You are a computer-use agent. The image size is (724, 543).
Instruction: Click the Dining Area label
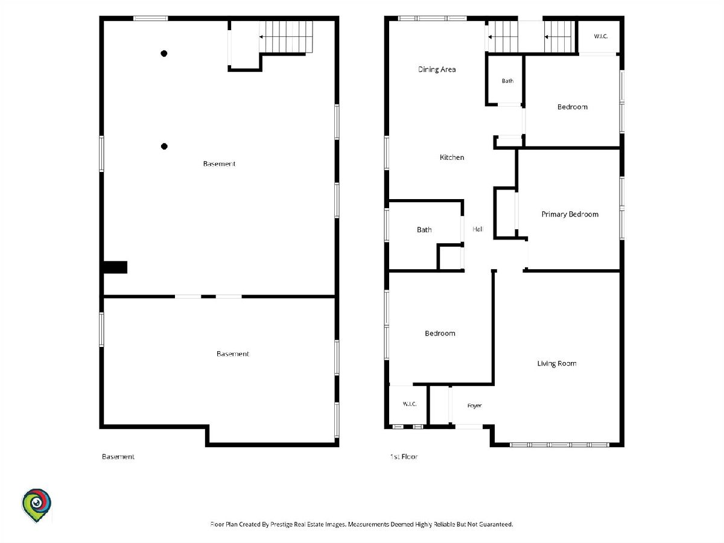437,69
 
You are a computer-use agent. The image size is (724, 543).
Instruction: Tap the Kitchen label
452,157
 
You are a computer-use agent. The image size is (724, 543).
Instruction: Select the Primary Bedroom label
570,214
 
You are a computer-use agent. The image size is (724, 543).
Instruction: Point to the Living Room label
557,363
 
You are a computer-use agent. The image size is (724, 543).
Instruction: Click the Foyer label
475,405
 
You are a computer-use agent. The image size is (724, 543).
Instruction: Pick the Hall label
478,229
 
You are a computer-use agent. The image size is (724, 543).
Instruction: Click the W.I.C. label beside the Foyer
410,404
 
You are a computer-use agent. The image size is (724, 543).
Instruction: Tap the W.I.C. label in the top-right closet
601,36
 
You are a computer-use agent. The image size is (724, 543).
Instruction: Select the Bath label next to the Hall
424,229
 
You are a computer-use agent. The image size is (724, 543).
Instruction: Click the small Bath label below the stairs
507,81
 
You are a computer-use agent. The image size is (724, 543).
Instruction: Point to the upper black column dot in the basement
164,54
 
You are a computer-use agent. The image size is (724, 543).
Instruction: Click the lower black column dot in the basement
164,147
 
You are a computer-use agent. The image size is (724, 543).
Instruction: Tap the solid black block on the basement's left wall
115,267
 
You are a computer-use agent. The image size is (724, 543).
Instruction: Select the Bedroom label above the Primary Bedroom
573,107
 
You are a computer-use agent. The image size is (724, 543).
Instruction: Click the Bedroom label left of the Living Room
440,333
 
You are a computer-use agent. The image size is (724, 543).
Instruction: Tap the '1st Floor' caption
404,457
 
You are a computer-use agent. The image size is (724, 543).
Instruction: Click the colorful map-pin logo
36,505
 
